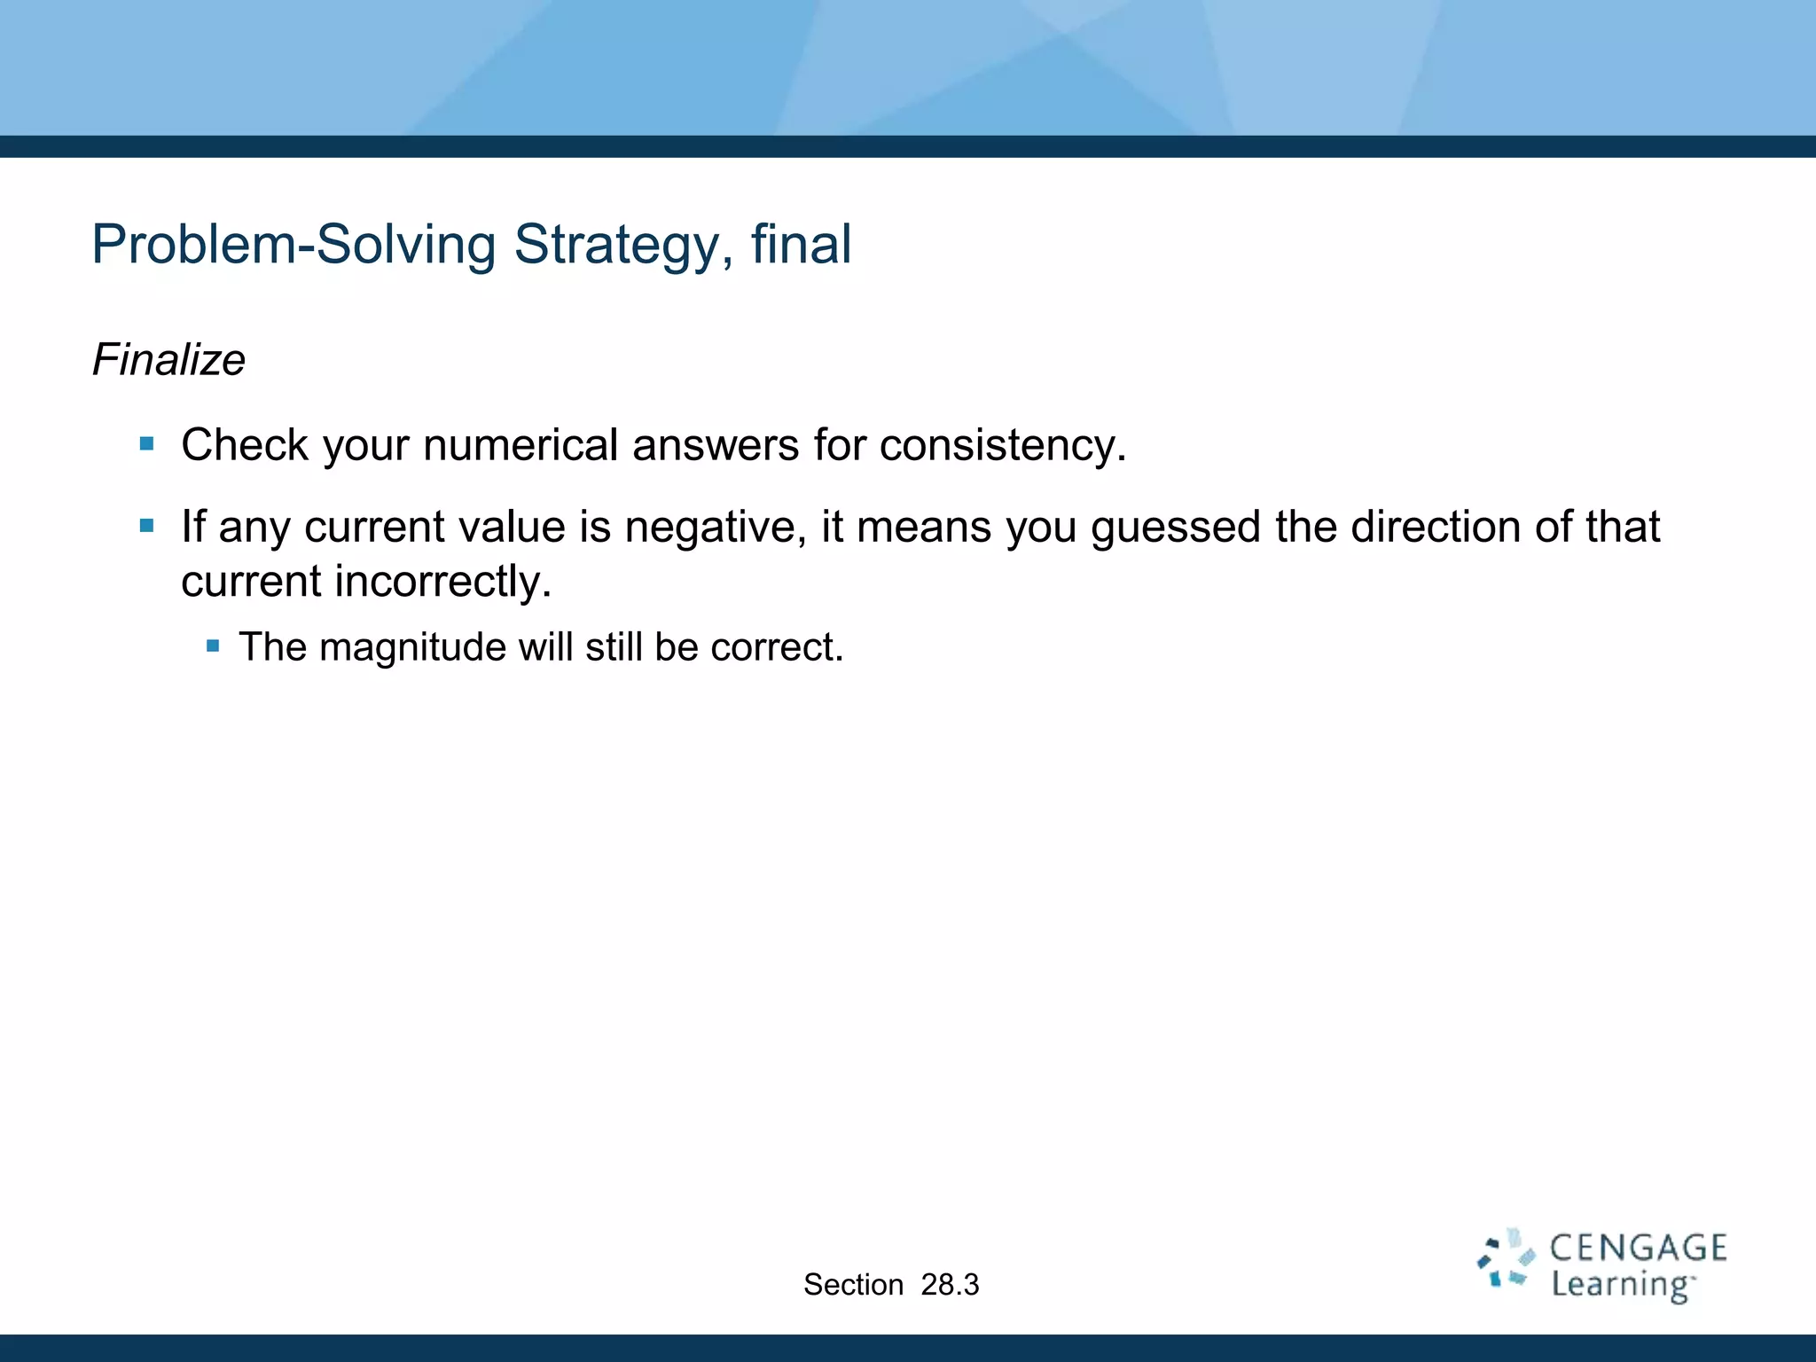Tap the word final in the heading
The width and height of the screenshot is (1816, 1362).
click(801, 245)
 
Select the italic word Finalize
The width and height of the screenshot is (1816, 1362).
click(168, 360)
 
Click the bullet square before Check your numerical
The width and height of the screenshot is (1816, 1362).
click(147, 443)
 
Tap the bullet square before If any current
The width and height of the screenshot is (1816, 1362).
click(147, 526)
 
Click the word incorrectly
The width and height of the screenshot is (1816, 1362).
click(442, 583)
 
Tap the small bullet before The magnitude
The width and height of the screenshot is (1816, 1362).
click(213, 646)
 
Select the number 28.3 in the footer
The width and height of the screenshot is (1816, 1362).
click(950, 1285)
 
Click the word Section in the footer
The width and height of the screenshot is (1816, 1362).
click(853, 1285)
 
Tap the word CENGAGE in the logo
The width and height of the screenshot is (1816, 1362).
click(1638, 1248)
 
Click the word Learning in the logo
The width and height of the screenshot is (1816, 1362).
click(1621, 1285)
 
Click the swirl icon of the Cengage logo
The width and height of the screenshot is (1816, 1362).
click(1505, 1259)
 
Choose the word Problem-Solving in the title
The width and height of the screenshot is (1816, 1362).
click(294, 245)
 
